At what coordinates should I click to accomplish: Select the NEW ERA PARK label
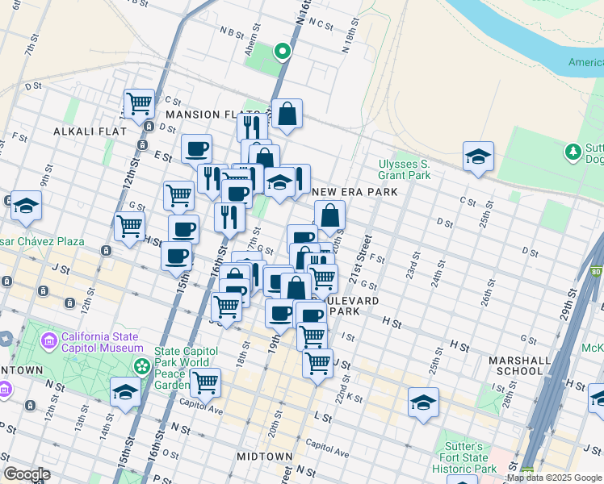click(x=355, y=192)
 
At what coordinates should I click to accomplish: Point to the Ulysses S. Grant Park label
click(x=405, y=169)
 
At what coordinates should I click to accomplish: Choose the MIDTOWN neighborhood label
click(x=265, y=457)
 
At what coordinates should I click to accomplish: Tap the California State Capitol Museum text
click(x=100, y=342)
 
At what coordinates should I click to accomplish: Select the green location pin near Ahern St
click(x=282, y=52)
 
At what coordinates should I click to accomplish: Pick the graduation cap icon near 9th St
click(x=26, y=206)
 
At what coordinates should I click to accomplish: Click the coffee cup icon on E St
click(x=196, y=148)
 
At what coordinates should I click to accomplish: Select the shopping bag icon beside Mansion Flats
click(x=287, y=114)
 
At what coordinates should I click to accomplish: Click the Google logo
click(x=27, y=474)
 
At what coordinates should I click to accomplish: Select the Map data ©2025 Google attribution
click(x=554, y=478)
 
